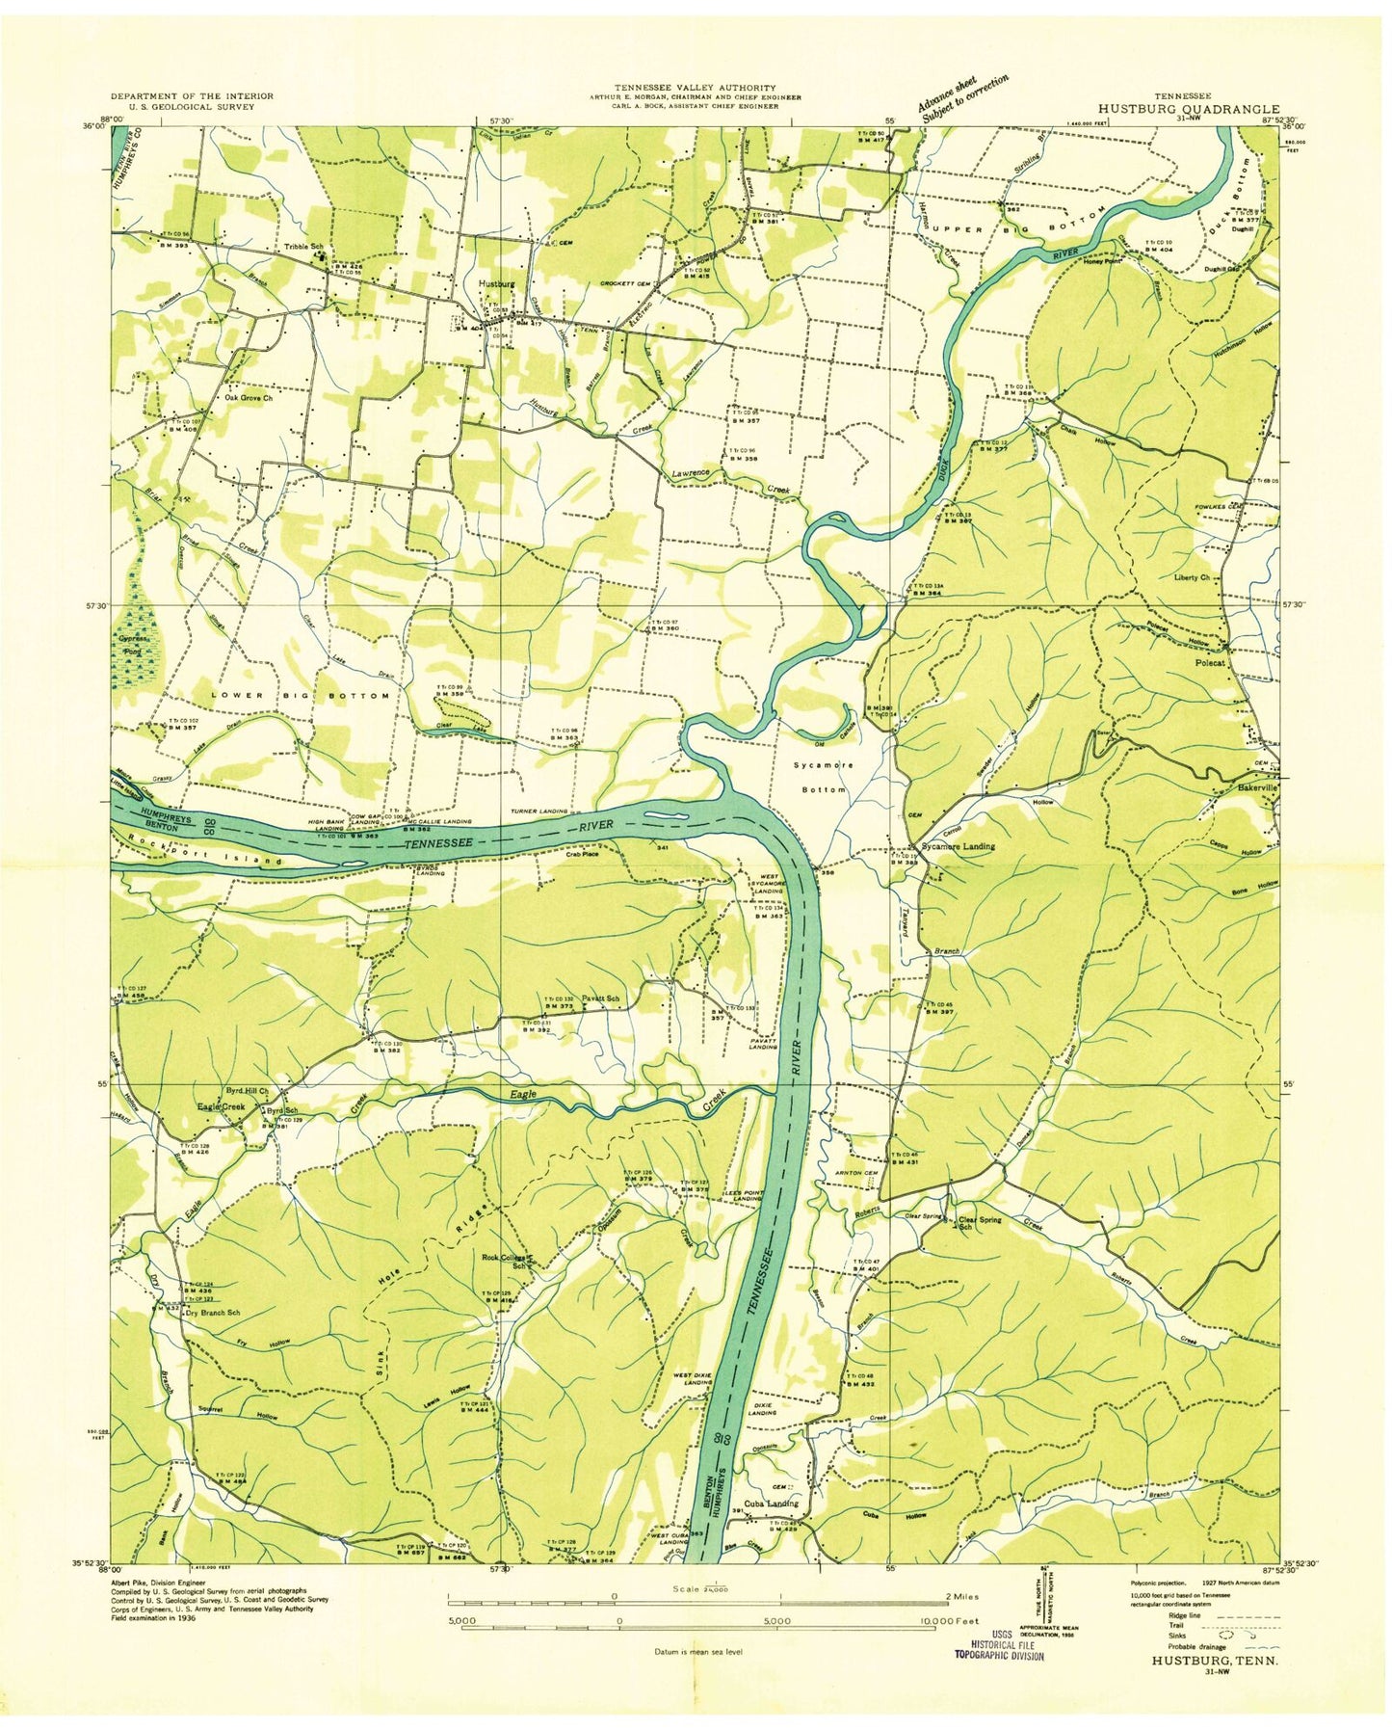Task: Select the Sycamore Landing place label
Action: pyautogui.click(x=959, y=846)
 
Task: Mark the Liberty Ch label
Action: pyautogui.click(x=1193, y=577)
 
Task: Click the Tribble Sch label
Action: pyautogui.click(x=303, y=247)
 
